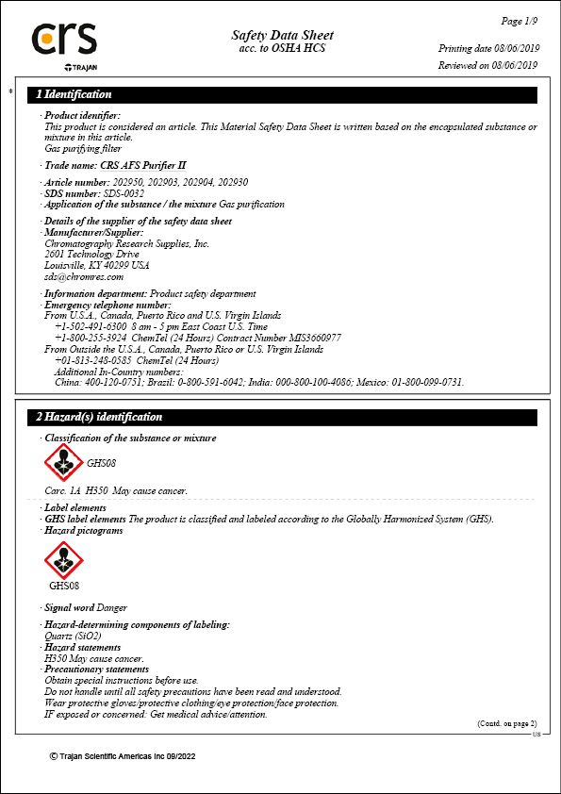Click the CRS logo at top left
coord(64,40)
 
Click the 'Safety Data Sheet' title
coord(282,35)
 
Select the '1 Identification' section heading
coord(74,94)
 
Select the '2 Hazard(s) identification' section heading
coord(99,417)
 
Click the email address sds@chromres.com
coord(84,276)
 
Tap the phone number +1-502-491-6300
coord(88,326)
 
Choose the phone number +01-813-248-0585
coord(92,360)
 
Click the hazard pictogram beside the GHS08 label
coord(64,463)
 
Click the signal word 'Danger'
coord(111,608)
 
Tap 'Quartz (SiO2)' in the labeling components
coord(74,637)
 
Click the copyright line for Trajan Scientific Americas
coord(123,756)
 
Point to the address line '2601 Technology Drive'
coord(91,255)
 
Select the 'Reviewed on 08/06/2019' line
coord(487,65)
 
